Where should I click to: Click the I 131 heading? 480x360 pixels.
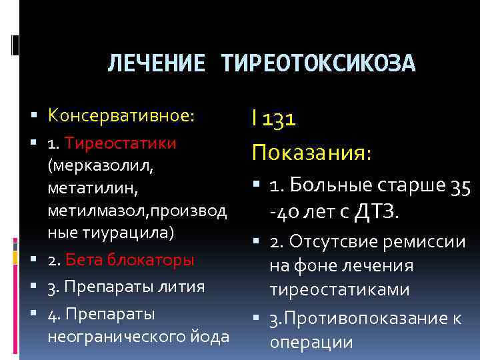[274, 119]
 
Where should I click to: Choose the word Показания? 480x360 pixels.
[311, 153]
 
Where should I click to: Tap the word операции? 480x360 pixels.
[311, 342]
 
